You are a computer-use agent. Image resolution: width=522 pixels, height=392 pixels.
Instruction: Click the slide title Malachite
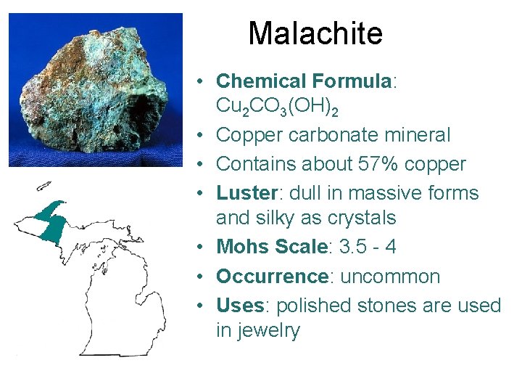315,33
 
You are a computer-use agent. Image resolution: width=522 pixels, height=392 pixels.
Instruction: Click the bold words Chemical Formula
303,81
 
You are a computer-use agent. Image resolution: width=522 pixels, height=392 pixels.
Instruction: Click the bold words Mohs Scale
272,247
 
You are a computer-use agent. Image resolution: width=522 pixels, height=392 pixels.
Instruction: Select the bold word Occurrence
272,277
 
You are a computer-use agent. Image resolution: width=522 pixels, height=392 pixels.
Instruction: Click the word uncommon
391,277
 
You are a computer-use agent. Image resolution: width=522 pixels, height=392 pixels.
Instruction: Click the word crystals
366,218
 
